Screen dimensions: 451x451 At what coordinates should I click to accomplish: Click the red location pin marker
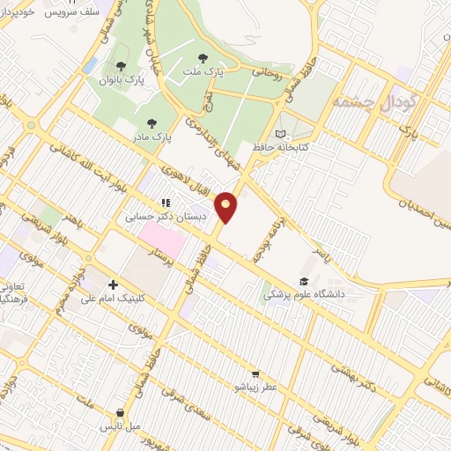click(x=226, y=207)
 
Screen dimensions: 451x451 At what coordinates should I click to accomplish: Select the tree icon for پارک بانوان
click(x=122, y=68)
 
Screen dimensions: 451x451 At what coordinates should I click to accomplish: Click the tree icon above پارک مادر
click(x=152, y=123)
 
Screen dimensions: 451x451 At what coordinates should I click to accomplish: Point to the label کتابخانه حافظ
click(x=280, y=147)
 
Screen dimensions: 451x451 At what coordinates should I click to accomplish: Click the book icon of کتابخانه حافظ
click(x=280, y=134)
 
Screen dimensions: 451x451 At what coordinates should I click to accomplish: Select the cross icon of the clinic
click(x=114, y=285)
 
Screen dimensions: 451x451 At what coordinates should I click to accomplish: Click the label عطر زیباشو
click(x=255, y=387)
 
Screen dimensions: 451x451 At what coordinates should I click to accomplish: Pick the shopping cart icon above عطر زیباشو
click(x=255, y=373)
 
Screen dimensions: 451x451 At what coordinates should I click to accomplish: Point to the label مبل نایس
click(x=117, y=426)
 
